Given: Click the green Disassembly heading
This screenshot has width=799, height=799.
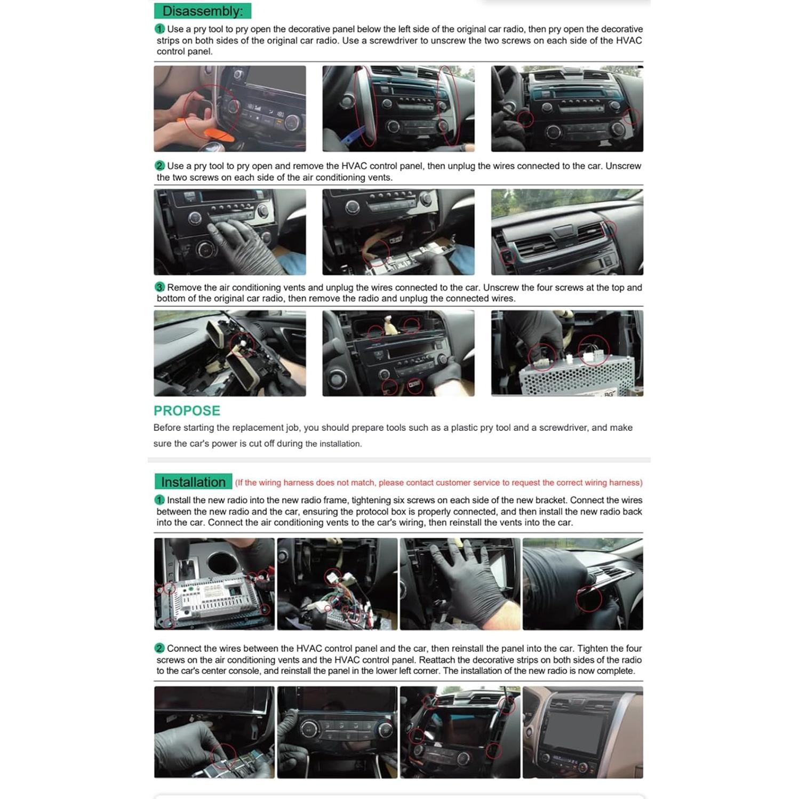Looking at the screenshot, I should click(x=202, y=11).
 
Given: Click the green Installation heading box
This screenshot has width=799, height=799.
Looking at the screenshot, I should click(x=193, y=482).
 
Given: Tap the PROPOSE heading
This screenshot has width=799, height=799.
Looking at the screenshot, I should click(x=187, y=411).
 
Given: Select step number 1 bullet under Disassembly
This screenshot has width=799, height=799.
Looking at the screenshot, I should click(x=159, y=29).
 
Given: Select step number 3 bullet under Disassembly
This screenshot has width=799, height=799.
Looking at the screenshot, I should click(x=159, y=287).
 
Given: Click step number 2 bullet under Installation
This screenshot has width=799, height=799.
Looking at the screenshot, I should click(x=159, y=648).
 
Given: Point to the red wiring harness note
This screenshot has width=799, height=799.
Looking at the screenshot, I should click(x=438, y=483).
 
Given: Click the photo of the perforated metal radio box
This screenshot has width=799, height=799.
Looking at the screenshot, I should click(x=567, y=353).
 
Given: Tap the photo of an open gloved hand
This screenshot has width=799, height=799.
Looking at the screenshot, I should click(x=460, y=584).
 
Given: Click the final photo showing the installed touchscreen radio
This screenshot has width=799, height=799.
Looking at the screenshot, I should click(x=582, y=732).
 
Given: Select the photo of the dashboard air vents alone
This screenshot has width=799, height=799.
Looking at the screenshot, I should click(x=567, y=232).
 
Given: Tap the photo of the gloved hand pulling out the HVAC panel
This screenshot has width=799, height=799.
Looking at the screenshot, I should click(x=230, y=232).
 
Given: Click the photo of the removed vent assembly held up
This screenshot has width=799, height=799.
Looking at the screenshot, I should click(x=230, y=353).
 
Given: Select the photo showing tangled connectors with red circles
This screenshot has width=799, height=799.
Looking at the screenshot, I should click(x=337, y=584).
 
